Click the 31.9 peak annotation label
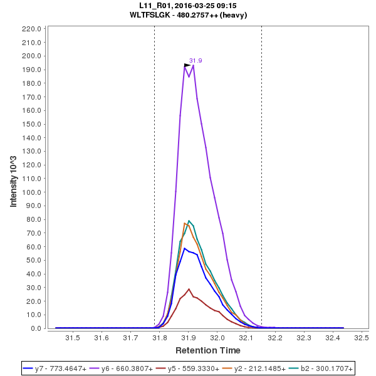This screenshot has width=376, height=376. pyautogui.click(x=196, y=61)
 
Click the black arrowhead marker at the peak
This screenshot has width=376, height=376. pyautogui.click(x=187, y=65)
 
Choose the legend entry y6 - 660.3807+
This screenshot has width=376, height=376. pyautogui.click(x=123, y=368)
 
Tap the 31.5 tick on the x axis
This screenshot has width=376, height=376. pyautogui.click(x=73, y=338)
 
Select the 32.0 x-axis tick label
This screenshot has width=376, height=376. pyautogui.click(x=217, y=338)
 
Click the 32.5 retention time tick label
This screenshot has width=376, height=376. pyautogui.click(x=361, y=338)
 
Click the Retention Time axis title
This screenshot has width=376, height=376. pyautogui.click(x=207, y=350)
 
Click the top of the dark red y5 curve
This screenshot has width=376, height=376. pyautogui.click(x=189, y=289)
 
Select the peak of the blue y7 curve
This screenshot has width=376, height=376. pyautogui.click(x=185, y=248)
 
